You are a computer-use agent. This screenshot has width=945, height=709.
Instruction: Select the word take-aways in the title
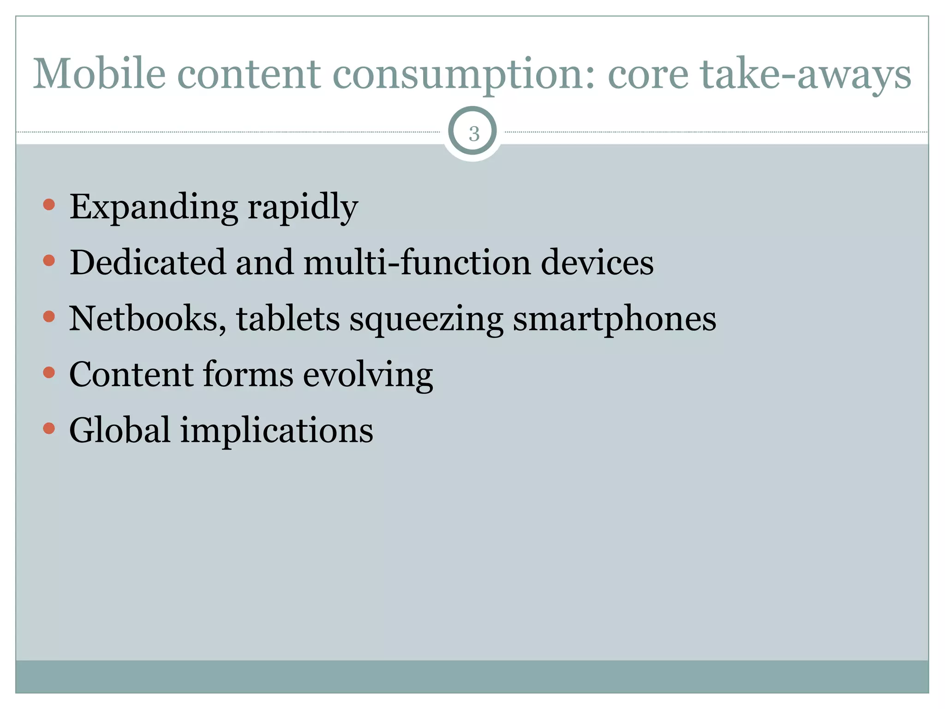pyautogui.click(x=806, y=75)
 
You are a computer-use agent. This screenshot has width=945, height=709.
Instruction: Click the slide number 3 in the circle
pyautogui.click(x=473, y=133)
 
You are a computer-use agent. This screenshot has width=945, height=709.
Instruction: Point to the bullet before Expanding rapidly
pyautogui.click(x=49, y=204)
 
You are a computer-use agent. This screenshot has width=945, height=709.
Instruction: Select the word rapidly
pyautogui.click(x=303, y=207)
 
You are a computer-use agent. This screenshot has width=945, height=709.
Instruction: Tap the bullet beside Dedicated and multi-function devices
pyautogui.click(x=49, y=261)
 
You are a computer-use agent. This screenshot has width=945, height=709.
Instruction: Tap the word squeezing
pyautogui.click(x=426, y=319)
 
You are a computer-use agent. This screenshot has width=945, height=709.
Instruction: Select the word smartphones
pyautogui.click(x=615, y=319)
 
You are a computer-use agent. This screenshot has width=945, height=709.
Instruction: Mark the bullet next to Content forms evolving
pyautogui.click(x=49, y=372)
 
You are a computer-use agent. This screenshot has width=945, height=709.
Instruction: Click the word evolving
pyautogui.click(x=368, y=375)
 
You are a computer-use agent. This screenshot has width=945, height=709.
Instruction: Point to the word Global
pyautogui.click(x=120, y=430)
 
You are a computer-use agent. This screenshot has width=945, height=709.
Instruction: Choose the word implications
pyautogui.click(x=276, y=431)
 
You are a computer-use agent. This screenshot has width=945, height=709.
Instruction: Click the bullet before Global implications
pyautogui.click(x=49, y=429)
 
